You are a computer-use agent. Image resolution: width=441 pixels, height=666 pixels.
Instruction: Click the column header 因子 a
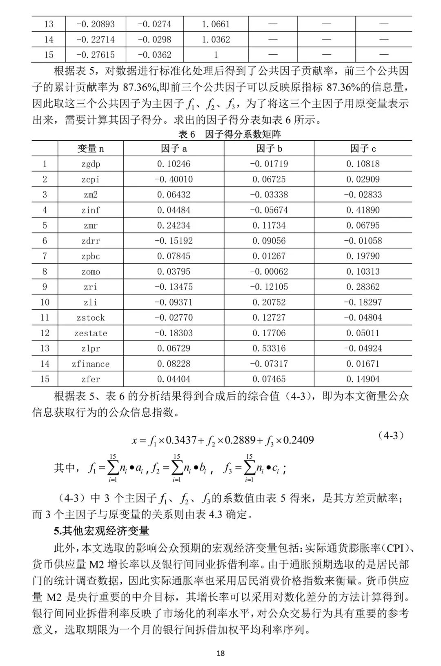click(x=174, y=149)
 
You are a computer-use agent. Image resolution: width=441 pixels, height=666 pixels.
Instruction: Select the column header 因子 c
click(x=363, y=149)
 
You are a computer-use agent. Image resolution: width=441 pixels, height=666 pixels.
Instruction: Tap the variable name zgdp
click(x=90, y=164)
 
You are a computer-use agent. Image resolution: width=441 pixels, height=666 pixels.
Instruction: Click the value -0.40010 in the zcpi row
click(x=174, y=180)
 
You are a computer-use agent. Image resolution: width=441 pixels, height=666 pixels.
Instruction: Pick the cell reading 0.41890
click(x=363, y=210)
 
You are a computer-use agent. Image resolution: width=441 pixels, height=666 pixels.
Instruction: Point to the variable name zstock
click(x=90, y=318)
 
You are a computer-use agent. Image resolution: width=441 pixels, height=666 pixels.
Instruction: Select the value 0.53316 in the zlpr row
click(x=269, y=349)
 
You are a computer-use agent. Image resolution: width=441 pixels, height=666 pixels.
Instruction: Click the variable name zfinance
click(x=90, y=364)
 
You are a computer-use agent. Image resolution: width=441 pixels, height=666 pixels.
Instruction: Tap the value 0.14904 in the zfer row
click(x=363, y=379)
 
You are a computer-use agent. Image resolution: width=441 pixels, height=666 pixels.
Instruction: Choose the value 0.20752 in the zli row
click(x=269, y=302)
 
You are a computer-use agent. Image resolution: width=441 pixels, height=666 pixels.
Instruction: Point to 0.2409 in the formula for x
click(x=299, y=440)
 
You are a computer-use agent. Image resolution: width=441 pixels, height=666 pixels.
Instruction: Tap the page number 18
click(x=220, y=653)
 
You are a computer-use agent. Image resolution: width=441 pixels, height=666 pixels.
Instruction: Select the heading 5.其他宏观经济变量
click(x=102, y=531)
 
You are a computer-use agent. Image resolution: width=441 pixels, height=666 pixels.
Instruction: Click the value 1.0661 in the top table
click(x=216, y=24)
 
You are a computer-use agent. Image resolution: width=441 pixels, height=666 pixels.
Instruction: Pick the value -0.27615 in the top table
click(x=96, y=55)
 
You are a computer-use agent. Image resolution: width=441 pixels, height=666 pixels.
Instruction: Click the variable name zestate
click(x=90, y=333)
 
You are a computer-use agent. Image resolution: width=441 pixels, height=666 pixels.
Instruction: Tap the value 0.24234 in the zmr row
click(x=174, y=226)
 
